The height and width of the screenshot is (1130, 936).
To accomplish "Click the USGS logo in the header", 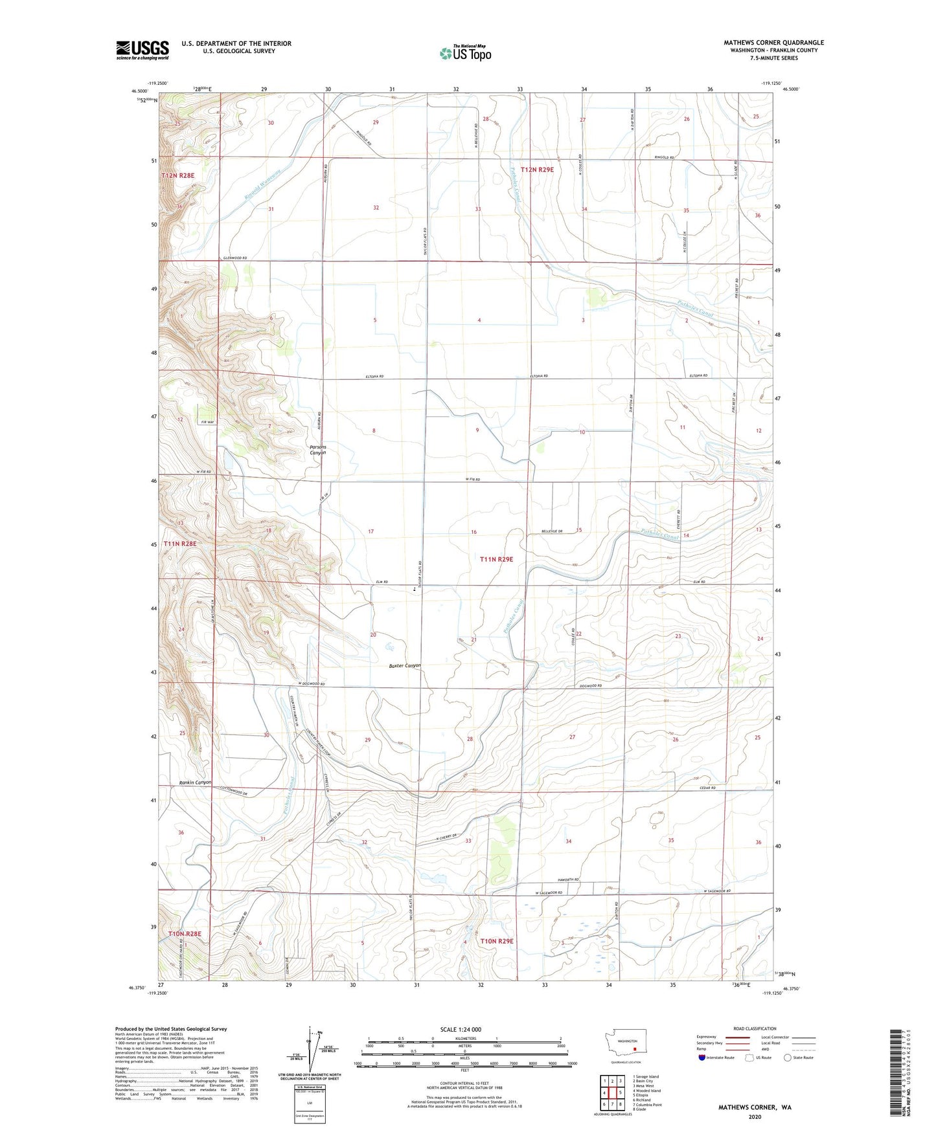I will [143, 50].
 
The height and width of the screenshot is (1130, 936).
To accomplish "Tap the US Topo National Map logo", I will [465, 52].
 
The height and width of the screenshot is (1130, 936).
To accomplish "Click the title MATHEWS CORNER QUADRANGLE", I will [773, 43].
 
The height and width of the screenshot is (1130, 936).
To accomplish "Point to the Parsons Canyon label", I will [317, 450].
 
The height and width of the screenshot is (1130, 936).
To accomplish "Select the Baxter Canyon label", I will [405, 665].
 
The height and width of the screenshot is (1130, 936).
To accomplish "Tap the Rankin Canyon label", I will [195, 782].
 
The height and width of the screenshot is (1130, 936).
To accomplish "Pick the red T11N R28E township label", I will [179, 544].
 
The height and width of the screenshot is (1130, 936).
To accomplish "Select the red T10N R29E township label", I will [496, 941].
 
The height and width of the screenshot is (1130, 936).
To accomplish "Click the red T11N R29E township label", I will [496, 559].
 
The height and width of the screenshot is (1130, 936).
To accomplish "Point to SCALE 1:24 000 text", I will [461, 1029].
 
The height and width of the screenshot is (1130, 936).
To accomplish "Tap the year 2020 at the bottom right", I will [755, 1116].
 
